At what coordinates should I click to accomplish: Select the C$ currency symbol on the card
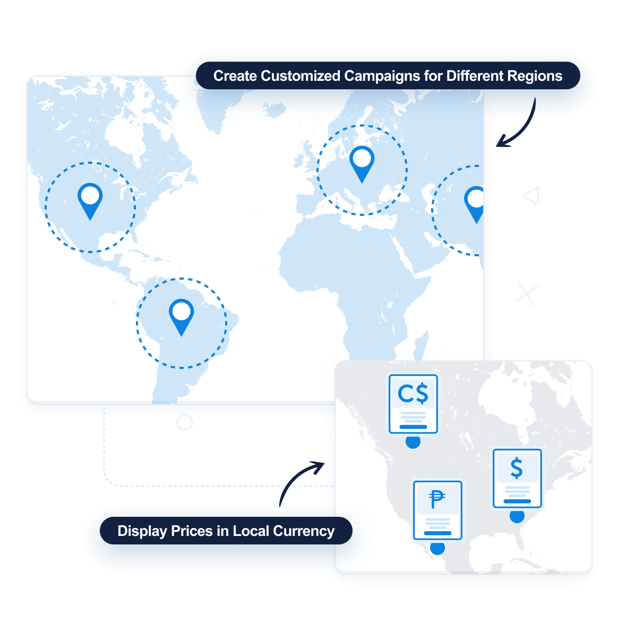[x=413, y=394]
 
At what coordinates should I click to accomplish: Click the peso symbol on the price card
[x=437, y=499]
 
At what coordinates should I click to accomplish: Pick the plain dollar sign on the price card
[x=517, y=468]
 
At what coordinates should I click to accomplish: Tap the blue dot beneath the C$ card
[x=413, y=441]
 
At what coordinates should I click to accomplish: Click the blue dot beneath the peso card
[x=437, y=548]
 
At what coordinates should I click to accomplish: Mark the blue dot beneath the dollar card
[x=517, y=515]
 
